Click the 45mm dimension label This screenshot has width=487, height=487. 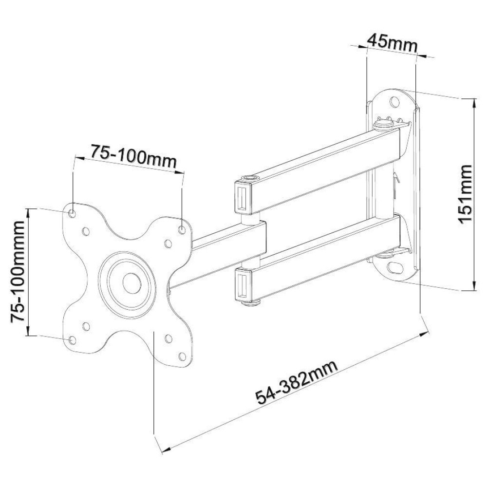tap(392, 42)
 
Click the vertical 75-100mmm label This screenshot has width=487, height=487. tap(19, 271)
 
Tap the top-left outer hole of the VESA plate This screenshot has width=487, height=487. tap(73, 213)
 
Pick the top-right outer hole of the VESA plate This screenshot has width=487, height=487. tap(182, 229)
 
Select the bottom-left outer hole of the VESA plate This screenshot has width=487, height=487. tap(73, 340)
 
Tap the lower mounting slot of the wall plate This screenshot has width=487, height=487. tap(393, 267)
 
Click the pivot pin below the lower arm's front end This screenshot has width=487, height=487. tap(252, 305)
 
